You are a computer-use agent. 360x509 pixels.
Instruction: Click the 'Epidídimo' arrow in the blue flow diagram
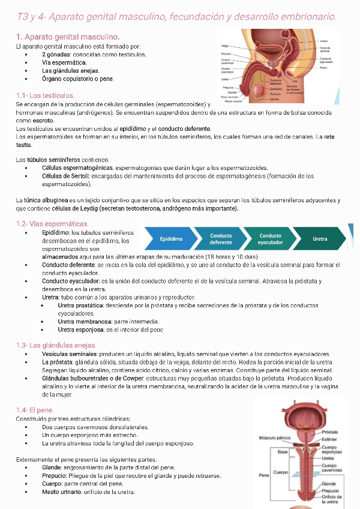(171, 239)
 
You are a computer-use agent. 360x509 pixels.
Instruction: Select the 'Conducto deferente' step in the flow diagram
(221, 239)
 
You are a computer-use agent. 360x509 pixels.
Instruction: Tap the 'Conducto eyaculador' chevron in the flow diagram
(270, 239)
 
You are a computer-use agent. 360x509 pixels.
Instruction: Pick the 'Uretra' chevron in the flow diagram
(320, 239)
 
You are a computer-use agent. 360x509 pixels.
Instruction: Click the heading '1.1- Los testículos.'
(45, 95)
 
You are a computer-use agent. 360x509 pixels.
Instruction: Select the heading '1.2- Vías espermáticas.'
(52, 223)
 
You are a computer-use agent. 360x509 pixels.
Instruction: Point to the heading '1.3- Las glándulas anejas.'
(56, 345)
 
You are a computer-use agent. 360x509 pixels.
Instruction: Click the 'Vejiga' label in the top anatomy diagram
(225, 46)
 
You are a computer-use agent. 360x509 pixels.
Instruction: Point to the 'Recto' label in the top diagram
(323, 68)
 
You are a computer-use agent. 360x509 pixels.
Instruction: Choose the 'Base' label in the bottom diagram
(282, 451)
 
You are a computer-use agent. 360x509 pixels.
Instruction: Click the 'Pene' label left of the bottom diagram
(263, 474)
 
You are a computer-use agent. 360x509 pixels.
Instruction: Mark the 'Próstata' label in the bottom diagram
(329, 432)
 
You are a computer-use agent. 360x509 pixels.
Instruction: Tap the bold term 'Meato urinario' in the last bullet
(62, 492)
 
